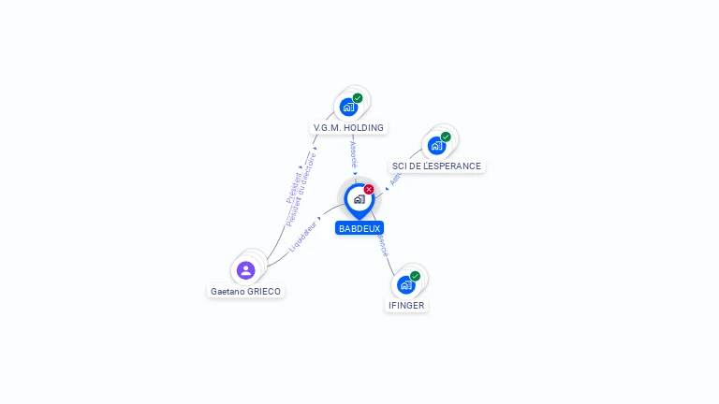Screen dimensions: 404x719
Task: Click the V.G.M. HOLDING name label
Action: [348, 127]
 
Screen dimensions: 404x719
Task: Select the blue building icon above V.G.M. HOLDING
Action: [348, 107]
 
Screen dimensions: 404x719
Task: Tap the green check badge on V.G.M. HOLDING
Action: [358, 97]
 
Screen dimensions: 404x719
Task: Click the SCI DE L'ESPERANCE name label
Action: [436, 166]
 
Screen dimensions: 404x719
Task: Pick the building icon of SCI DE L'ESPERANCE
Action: [436, 146]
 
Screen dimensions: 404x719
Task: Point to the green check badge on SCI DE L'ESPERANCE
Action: [446, 137]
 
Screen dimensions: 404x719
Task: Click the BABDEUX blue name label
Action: [359, 228]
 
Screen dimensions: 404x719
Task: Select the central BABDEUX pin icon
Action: [359, 199]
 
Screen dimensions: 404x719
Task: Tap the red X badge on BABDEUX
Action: [369, 189]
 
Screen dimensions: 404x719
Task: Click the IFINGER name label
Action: [406, 306]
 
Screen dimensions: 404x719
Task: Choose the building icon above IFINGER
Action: [405, 284]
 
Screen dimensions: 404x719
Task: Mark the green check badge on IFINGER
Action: [415, 276]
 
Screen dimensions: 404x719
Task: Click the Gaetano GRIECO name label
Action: [245, 291]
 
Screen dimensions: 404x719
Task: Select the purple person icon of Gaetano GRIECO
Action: [246, 270]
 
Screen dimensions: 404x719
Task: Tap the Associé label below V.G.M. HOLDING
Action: [353, 154]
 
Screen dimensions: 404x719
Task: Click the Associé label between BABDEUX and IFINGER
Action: [382, 246]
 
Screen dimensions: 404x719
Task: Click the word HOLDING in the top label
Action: [363, 127]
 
